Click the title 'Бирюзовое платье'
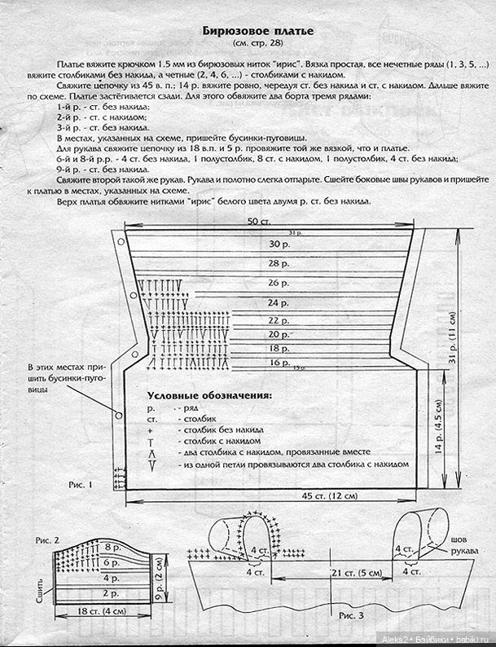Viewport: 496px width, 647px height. tap(257, 30)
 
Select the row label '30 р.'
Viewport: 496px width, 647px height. tap(280, 244)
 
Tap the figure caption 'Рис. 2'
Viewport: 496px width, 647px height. tap(47, 540)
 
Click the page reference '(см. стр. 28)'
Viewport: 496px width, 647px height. tap(257, 42)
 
